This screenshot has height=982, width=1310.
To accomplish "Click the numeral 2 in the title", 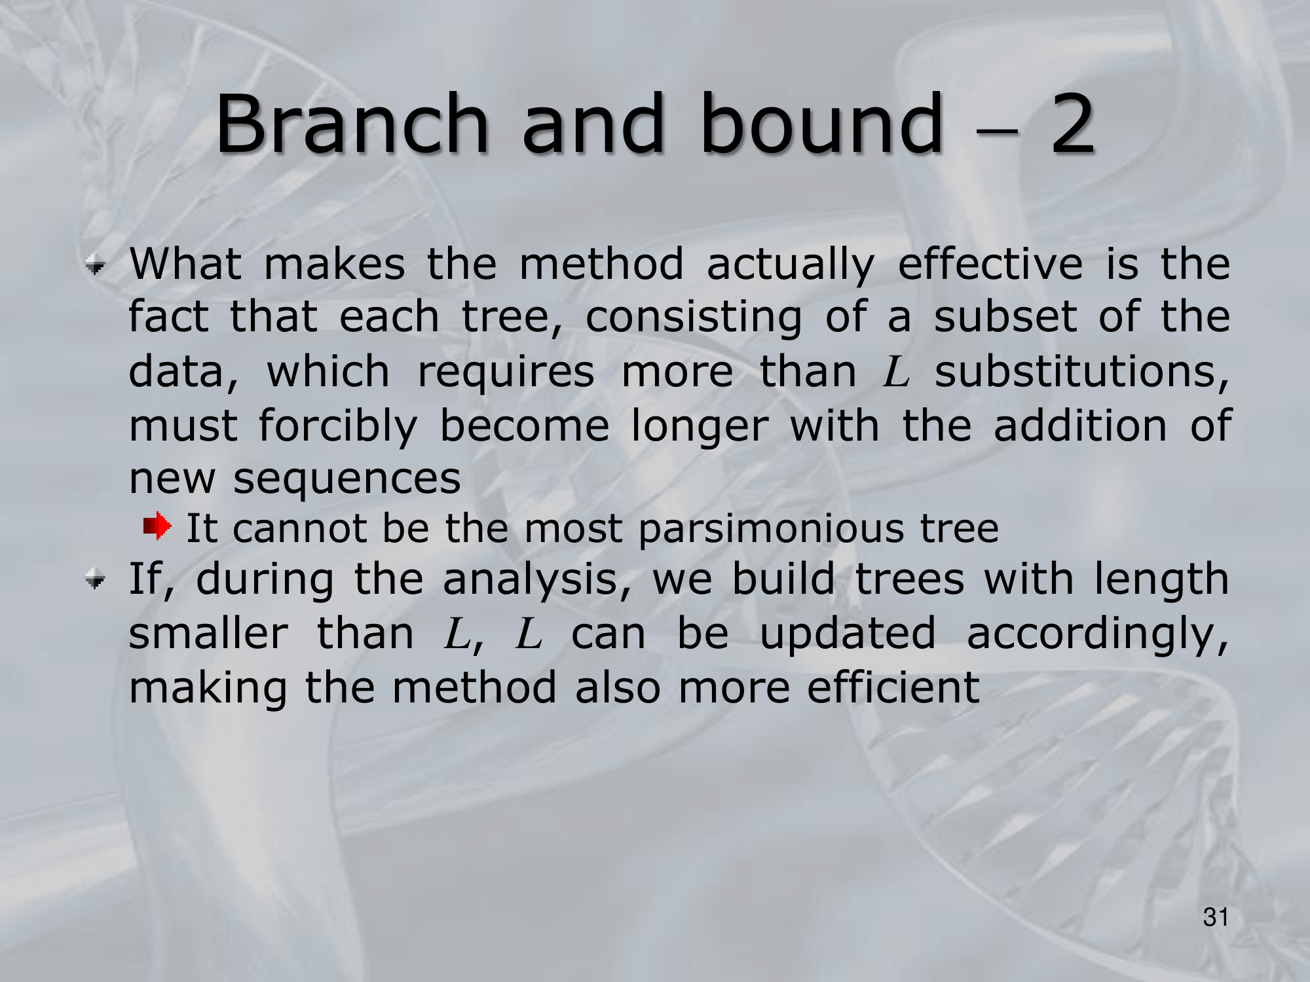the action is [x=1072, y=124].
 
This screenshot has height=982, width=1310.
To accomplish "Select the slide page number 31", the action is [x=1216, y=917].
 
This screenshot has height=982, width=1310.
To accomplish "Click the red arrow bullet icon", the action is [x=157, y=526].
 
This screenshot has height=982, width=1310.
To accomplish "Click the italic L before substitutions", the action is [x=896, y=372].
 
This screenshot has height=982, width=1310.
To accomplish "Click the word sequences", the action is [x=347, y=480].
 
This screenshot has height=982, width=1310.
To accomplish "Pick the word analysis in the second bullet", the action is [x=537, y=580].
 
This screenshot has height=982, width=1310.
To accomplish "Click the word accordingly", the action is [x=1098, y=635].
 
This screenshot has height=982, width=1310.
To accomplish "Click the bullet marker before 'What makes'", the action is [x=96, y=265].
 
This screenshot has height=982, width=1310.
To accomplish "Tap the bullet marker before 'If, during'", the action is [x=96, y=579].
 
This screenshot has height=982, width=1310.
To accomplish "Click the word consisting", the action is [x=694, y=319].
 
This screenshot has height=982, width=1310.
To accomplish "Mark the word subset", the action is [x=1005, y=317].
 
